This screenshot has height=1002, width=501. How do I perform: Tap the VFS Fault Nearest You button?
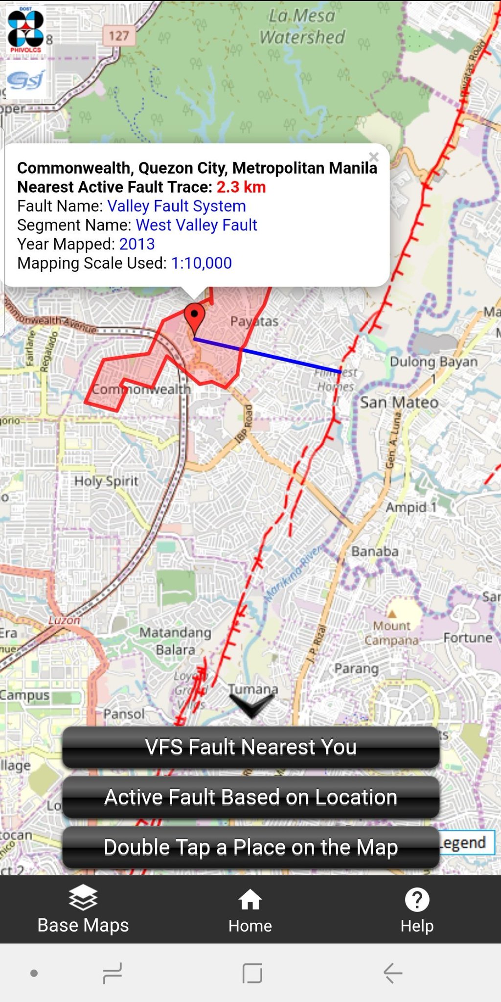[250, 747]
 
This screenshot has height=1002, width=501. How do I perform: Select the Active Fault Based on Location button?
[250, 797]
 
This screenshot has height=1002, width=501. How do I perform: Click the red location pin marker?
[195, 317]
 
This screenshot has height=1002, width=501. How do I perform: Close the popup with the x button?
[374, 157]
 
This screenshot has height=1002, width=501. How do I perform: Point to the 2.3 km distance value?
[241, 187]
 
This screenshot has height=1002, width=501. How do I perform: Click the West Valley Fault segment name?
[196, 225]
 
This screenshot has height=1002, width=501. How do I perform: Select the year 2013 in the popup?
[137, 244]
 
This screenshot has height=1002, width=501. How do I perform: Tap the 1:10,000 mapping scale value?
[201, 263]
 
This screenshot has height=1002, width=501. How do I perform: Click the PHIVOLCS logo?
[25, 29]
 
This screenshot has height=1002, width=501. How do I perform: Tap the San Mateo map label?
[399, 403]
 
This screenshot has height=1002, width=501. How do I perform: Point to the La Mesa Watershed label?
[302, 27]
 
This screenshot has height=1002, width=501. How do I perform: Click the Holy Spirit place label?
[106, 481]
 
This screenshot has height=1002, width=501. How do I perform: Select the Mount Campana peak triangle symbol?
[392, 614]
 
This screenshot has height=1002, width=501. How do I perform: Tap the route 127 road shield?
[118, 36]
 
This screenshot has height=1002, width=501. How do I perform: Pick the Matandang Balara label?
[175, 641]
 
